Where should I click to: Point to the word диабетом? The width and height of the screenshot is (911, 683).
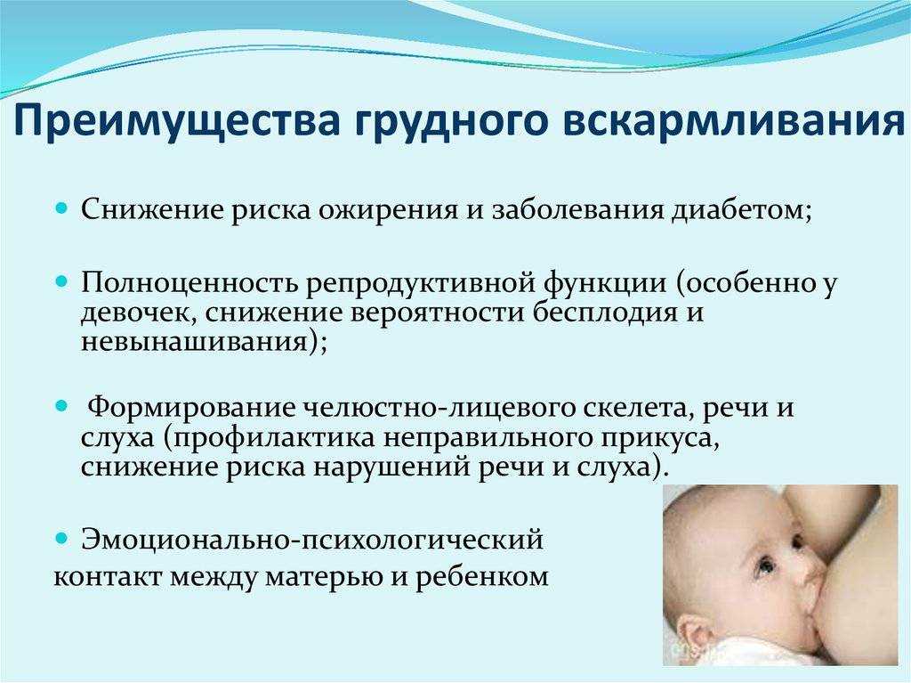[x=741, y=208]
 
